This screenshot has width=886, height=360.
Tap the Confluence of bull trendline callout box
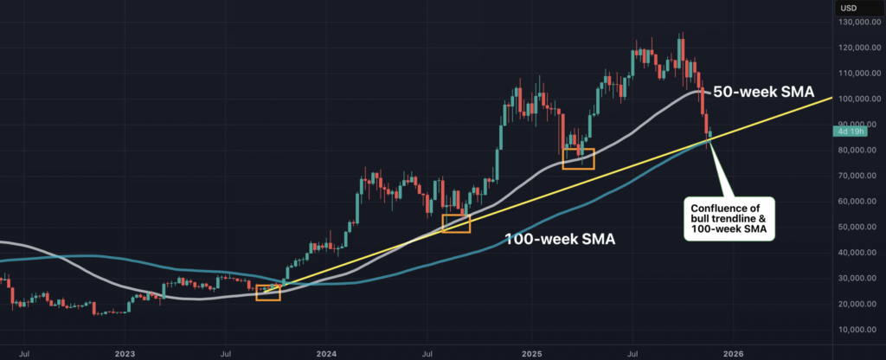[729, 221]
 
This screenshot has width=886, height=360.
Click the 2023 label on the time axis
[125, 352]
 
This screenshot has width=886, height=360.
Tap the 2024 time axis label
[327, 352]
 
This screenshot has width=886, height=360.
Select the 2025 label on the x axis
[531, 352]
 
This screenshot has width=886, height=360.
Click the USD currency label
[848, 9]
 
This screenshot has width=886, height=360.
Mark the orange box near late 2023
[268, 292]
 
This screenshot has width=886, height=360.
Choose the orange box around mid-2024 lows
[456, 223]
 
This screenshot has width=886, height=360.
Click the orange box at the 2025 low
[578, 157]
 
